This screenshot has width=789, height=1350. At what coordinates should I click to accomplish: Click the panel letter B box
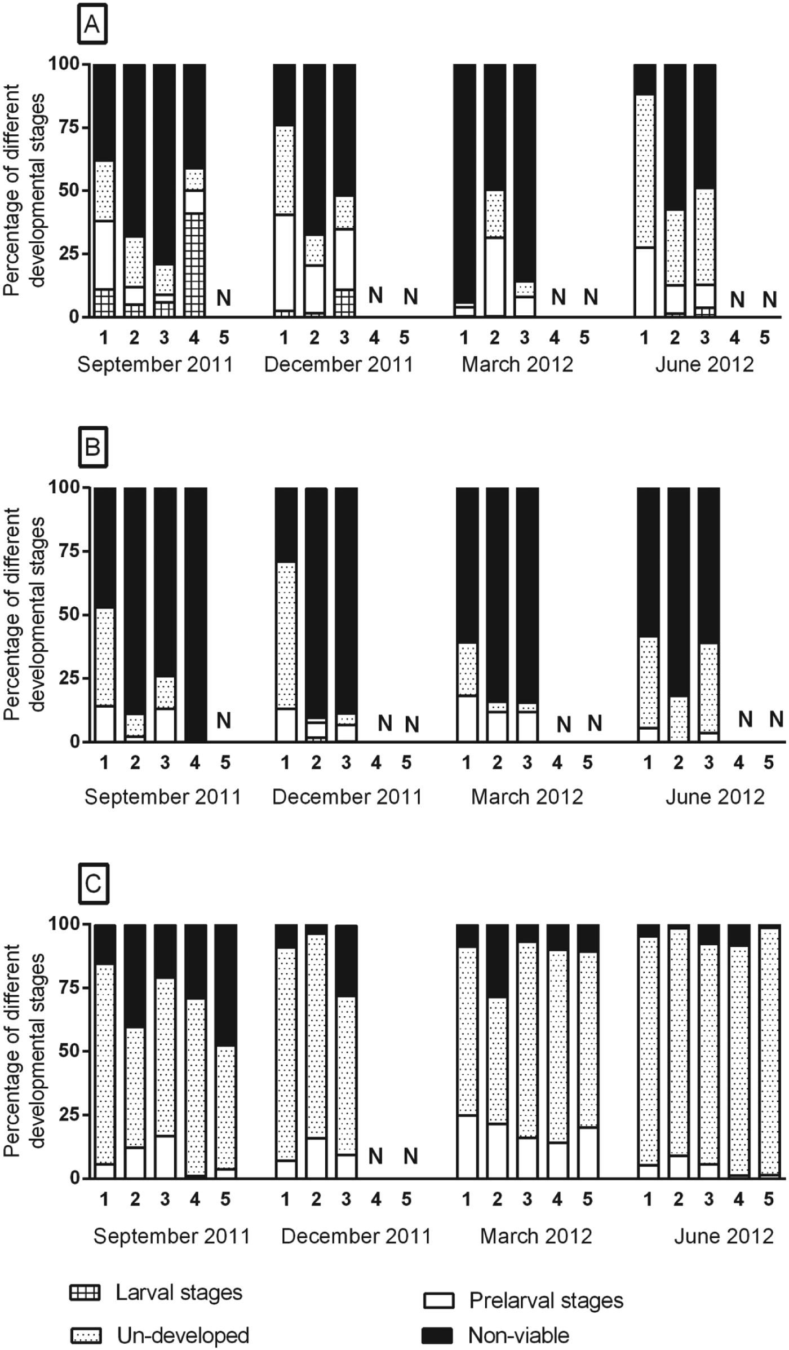(92, 447)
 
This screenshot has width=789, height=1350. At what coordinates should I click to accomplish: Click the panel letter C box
(93, 884)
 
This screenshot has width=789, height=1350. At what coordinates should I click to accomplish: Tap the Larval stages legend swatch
(85, 1292)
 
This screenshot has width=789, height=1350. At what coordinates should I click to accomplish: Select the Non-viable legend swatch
(437, 1336)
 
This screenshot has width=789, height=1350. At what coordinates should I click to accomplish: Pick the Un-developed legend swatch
(86, 1336)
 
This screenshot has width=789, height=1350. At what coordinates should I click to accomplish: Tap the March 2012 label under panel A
(517, 364)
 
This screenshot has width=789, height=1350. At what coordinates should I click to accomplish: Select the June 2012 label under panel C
(724, 1236)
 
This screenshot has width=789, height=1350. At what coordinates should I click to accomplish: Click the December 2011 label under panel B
(347, 797)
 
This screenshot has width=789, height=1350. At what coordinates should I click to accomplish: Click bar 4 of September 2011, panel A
(194, 190)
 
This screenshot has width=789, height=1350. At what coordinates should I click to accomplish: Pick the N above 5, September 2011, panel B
(224, 720)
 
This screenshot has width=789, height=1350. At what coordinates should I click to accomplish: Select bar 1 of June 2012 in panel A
(645, 190)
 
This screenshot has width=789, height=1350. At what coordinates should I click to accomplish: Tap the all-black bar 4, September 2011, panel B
(195, 614)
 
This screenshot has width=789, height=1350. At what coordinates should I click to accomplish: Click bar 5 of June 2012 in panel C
(769, 1051)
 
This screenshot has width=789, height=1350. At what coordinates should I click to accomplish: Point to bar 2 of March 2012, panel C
(497, 1051)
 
